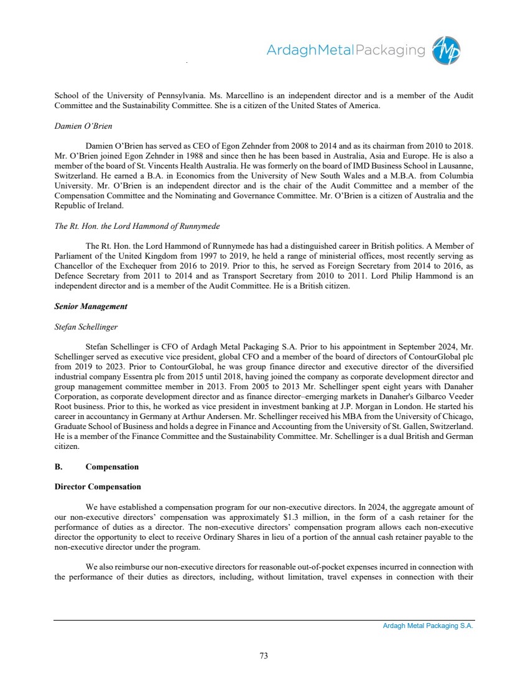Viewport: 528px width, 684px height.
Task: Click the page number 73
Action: click(x=264, y=655)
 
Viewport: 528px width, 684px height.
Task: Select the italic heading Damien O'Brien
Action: click(x=83, y=126)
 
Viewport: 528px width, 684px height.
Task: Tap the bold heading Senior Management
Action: click(x=91, y=307)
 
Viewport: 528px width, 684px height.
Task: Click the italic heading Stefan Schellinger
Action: click(x=86, y=326)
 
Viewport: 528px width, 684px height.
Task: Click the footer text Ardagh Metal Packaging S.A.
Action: click(x=428, y=626)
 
